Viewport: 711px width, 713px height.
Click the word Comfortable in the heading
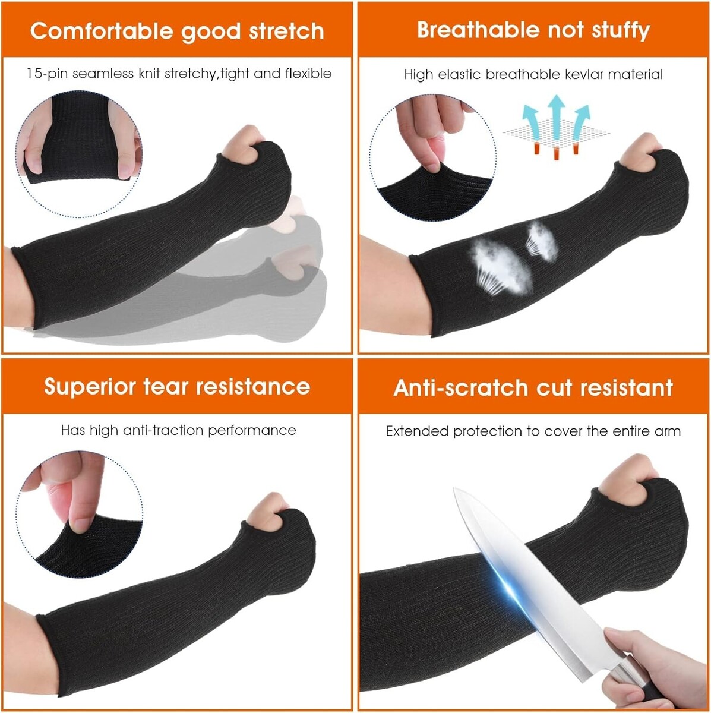click(x=102, y=31)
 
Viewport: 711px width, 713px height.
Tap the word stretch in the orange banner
click(x=286, y=31)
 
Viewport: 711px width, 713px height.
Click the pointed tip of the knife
click(x=455, y=489)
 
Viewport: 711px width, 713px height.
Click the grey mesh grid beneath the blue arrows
click(x=557, y=133)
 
